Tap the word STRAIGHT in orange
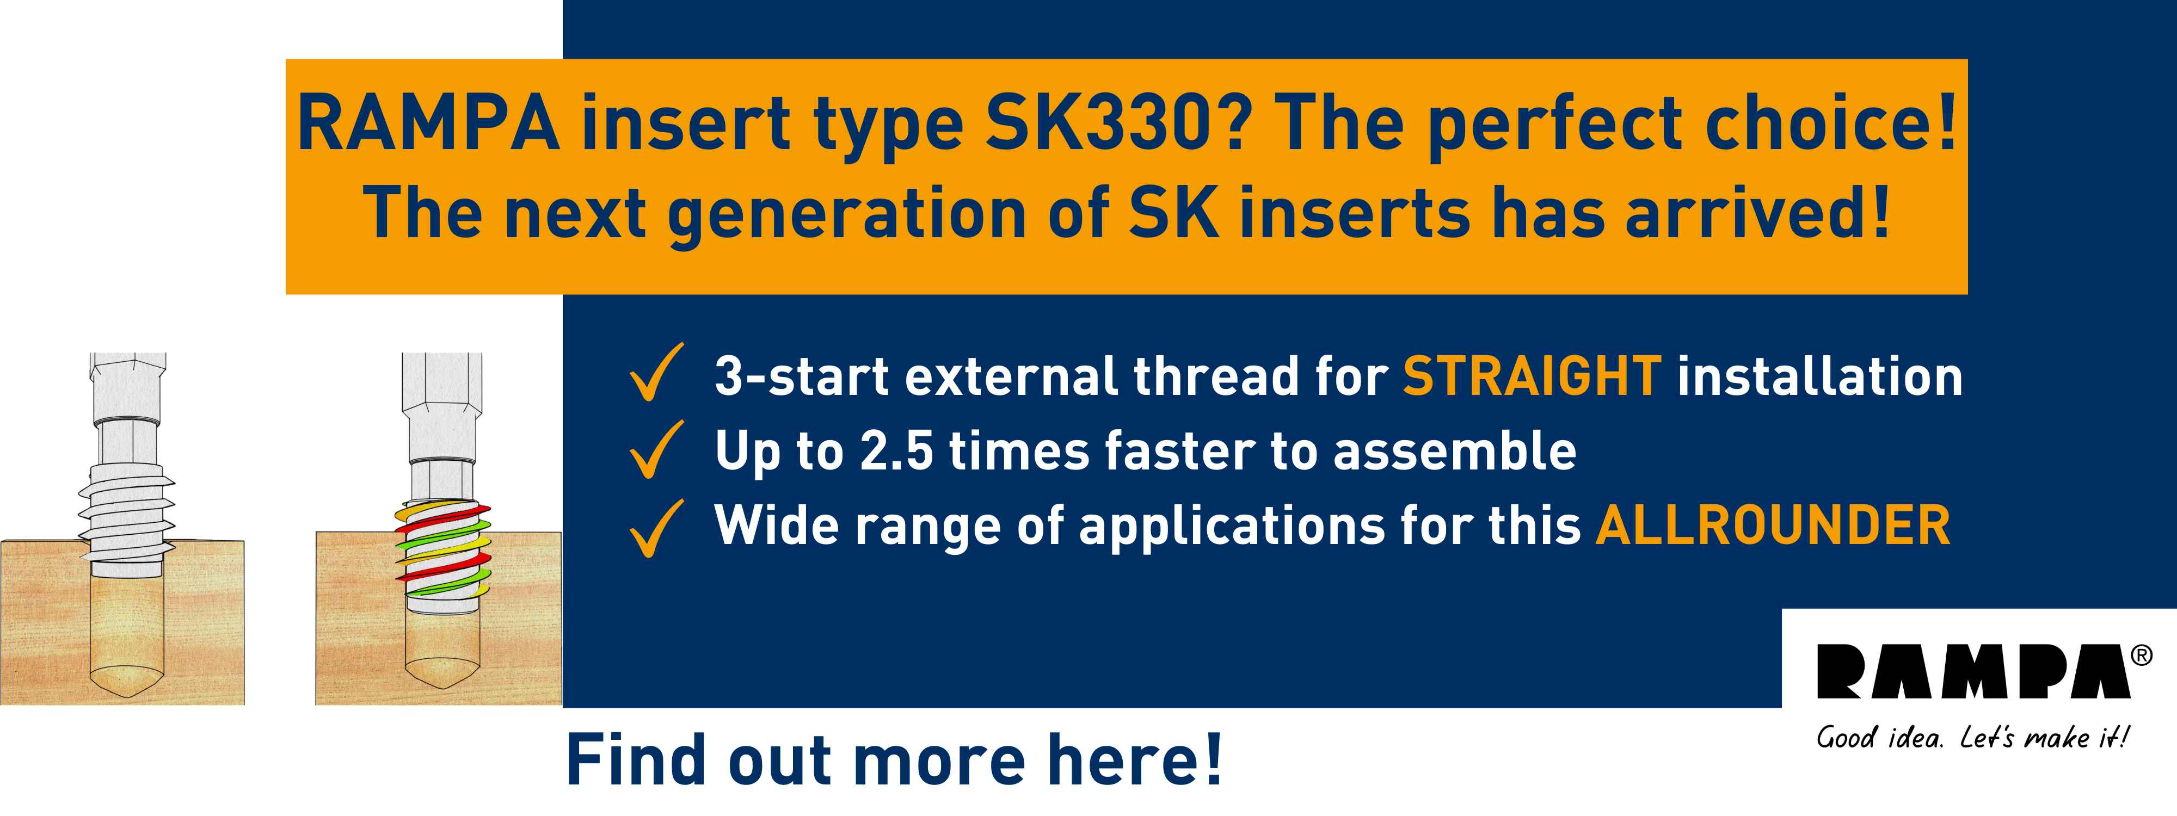click(x=1532, y=376)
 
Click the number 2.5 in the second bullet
click(x=897, y=450)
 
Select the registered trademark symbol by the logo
click(x=2142, y=656)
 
